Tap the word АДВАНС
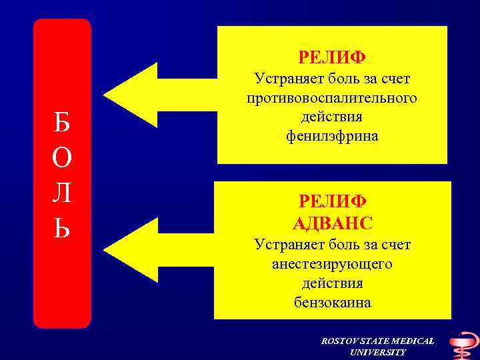(333, 222)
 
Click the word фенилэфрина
(332, 136)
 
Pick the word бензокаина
(333, 303)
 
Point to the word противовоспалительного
(332, 98)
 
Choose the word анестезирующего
(332, 265)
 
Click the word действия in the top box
(332, 117)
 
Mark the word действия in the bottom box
(333, 283)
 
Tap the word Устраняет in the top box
(286, 79)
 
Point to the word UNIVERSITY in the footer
(377, 352)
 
